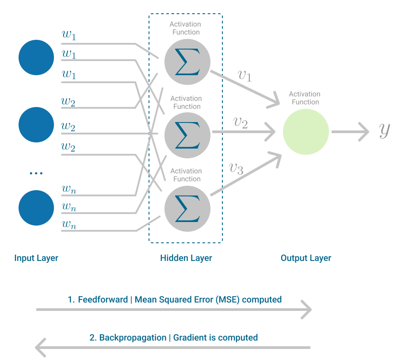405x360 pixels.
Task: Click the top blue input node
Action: click(36, 57)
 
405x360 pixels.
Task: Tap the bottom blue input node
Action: click(36, 208)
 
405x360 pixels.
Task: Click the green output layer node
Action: click(306, 132)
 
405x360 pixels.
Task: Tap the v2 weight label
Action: click(240, 122)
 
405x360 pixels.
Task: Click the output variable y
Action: click(385, 130)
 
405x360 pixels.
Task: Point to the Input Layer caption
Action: click(36, 258)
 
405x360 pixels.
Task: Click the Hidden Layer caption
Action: click(186, 258)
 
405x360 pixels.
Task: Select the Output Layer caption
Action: click(306, 258)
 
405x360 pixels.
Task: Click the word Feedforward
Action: click(103, 299)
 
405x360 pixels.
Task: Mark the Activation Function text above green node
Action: click(305, 98)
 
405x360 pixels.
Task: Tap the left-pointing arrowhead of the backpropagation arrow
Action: click(40, 348)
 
